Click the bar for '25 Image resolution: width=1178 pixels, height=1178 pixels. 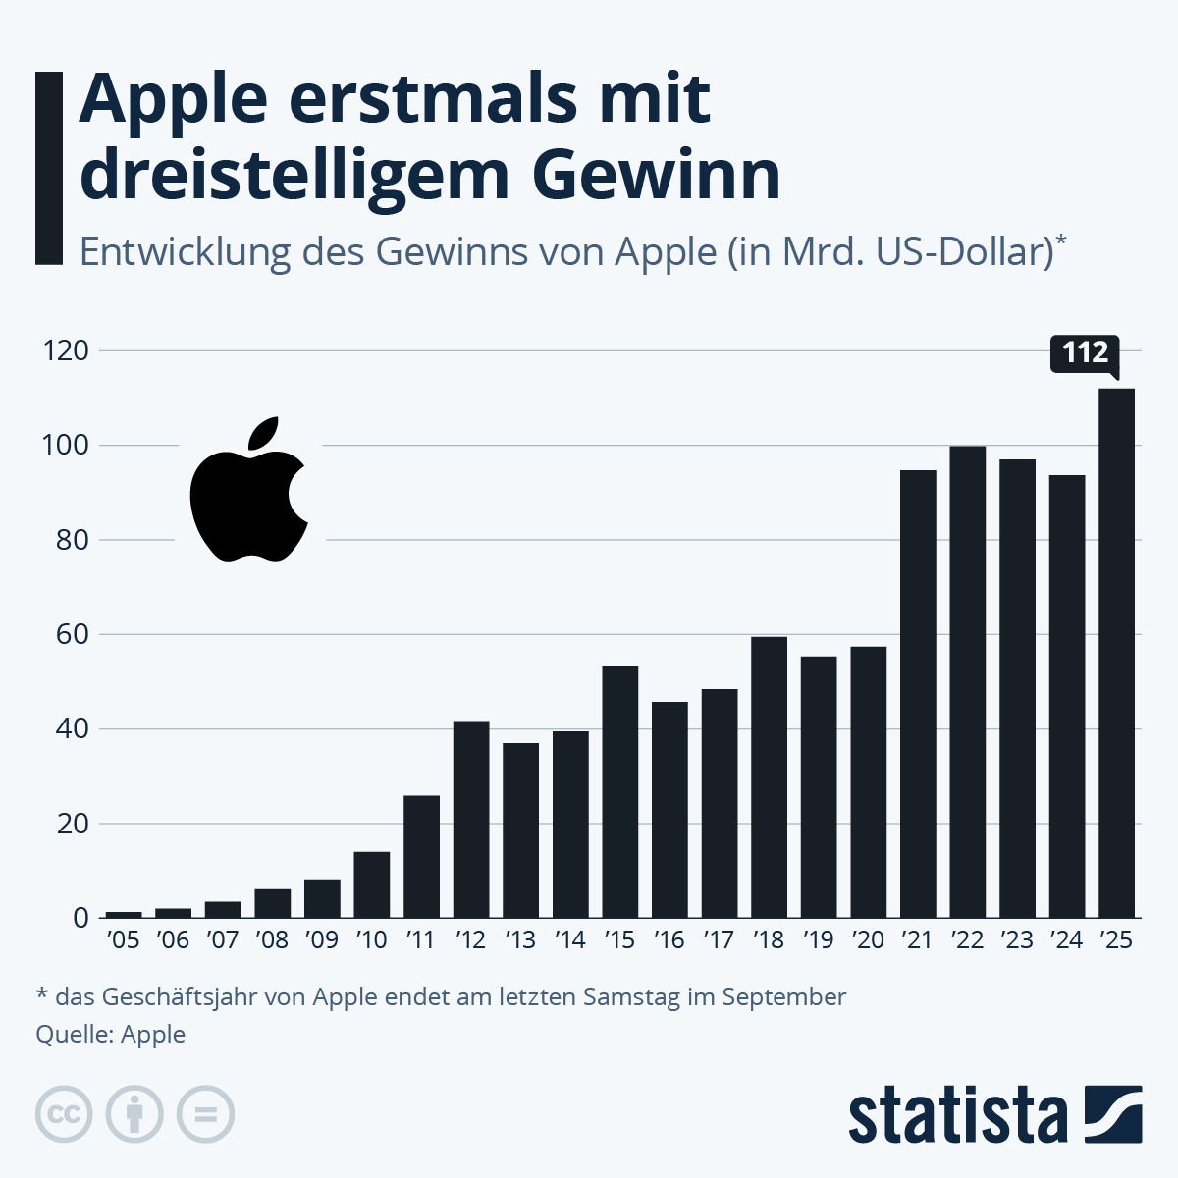pos(1116,653)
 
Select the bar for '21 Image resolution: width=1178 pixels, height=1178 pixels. pos(918,694)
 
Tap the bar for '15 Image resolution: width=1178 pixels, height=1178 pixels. pos(619,791)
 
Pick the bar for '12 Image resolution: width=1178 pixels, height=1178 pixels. pos(471,819)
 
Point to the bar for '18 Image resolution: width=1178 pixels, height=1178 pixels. pos(769,777)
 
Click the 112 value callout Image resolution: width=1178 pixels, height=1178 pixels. pos(1085,352)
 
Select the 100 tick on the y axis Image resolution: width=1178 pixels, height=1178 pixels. pos(66,446)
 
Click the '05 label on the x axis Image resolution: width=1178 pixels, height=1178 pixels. pos(123,940)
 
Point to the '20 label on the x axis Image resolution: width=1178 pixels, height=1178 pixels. pos(868,940)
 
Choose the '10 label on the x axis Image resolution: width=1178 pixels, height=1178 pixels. pos(371,940)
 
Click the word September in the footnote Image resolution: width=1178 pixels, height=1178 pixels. pos(783,997)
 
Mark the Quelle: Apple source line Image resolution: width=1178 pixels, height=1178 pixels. pos(110,1034)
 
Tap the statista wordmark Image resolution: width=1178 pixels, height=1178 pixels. pos(957,1116)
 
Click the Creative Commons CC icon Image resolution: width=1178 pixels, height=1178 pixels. pos(64,1115)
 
